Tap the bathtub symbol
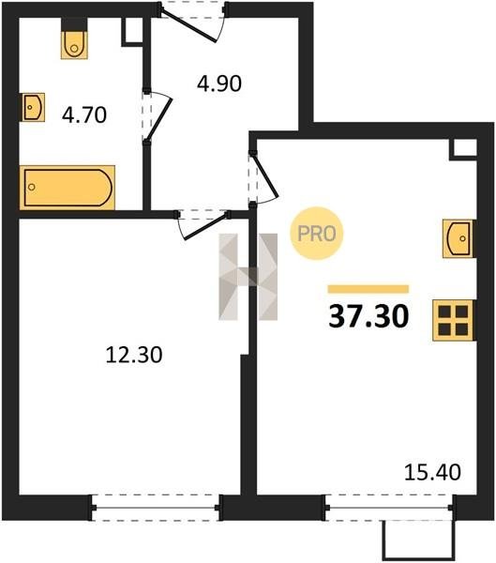point(68,188)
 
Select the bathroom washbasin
point(33,107)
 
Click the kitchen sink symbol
point(458,238)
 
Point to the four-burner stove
point(453,320)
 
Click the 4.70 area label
point(84,115)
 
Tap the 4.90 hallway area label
point(219,84)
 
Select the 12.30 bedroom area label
point(134,355)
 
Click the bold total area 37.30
point(368,316)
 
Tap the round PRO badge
point(317,234)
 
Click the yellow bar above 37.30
point(368,289)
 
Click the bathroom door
point(157,116)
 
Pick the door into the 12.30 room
point(203,225)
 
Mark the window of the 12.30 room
point(156,508)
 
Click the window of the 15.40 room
point(389,508)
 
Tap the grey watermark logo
point(248,277)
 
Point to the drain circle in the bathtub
point(32,187)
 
